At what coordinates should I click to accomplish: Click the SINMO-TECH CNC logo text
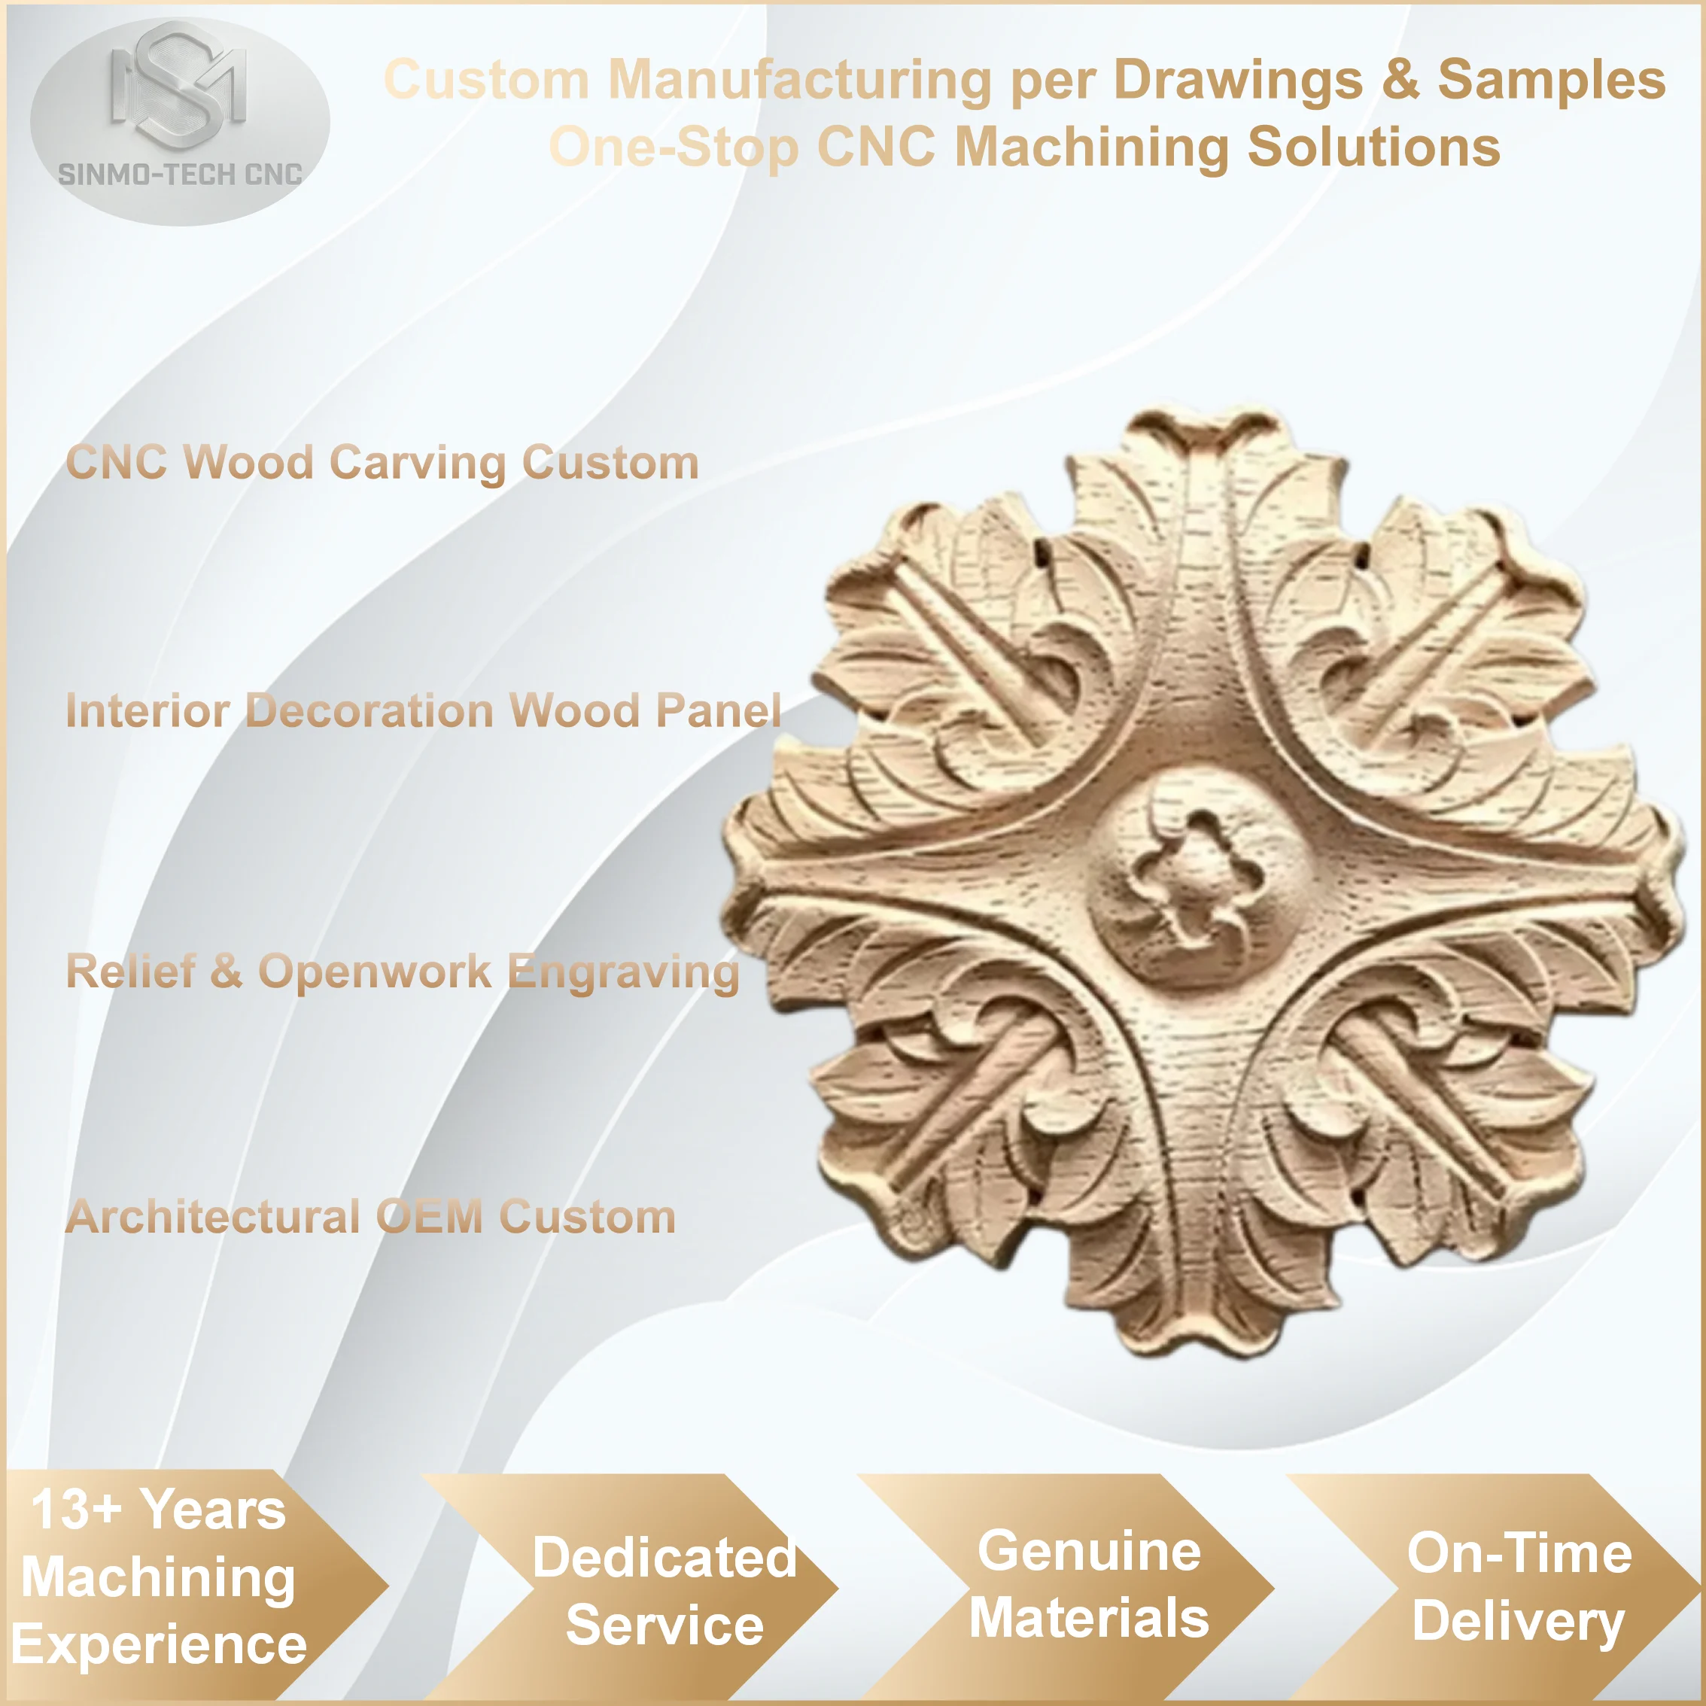click(180, 175)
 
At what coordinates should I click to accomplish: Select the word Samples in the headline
click(1552, 81)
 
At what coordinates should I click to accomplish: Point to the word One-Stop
click(674, 147)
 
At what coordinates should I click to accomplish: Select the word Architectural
click(213, 1217)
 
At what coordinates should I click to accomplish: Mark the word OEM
click(429, 1217)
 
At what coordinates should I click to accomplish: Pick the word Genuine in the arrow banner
click(1089, 1552)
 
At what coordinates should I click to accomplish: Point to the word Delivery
click(1518, 1623)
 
